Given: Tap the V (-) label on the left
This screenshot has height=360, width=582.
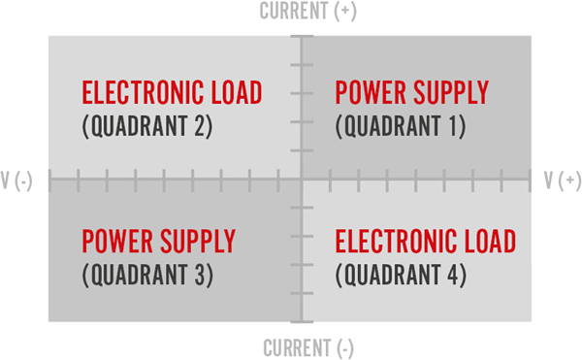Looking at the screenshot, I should click(17, 180).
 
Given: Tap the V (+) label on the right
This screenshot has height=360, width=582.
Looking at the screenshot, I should click(563, 180).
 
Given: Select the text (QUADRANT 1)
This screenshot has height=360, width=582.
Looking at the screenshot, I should click(401, 126).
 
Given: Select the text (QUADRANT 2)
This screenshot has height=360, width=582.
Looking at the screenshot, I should click(147, 126).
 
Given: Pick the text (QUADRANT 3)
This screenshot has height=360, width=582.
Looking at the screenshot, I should click(147, 275).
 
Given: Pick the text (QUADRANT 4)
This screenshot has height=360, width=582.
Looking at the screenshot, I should click(401, 275).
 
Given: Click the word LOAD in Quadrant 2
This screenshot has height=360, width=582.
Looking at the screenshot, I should click(237, 93).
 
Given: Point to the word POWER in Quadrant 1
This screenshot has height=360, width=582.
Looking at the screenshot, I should click(368, 93).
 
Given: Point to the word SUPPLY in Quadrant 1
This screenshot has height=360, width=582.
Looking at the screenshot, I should click(448, 93).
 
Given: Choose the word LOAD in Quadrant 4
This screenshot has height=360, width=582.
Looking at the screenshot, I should click(490, 241).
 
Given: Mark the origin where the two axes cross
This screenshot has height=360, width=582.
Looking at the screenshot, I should click(302, 180).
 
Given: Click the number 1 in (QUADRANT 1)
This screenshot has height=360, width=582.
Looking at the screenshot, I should click(453, 126).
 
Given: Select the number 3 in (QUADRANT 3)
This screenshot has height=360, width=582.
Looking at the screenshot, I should click(199, 275).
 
